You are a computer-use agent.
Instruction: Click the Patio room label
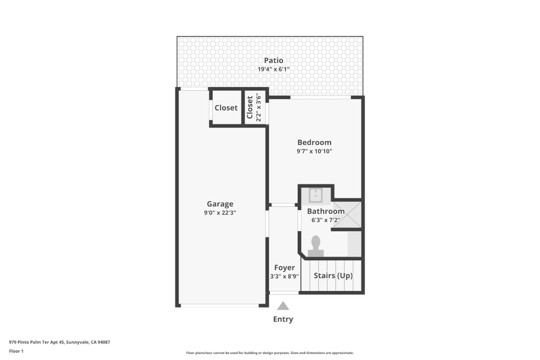(273, 60)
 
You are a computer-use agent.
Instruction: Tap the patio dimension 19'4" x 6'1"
(273, 69)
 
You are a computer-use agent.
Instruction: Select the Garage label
(220, 204)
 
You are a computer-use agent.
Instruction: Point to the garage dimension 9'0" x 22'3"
(220, 213)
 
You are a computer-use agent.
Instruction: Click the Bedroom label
(314, 142)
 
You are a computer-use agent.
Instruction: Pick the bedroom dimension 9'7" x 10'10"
(314, 151)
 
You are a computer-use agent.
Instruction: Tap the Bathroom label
(325, 211)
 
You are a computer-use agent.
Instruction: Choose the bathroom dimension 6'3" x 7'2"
(325, 220)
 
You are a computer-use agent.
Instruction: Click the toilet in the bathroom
(316, 246)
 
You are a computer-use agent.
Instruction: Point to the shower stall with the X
(347, 214)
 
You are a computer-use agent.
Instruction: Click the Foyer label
(284, 268)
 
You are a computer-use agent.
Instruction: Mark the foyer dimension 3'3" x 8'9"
(284, 277)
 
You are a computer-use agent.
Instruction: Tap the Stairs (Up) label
(333, 276)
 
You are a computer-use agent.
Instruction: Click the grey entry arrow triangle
(283, 306)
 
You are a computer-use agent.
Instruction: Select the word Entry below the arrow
(283, 319)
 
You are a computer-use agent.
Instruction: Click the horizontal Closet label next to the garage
(226, 108)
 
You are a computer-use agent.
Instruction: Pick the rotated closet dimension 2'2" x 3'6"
(258, 108)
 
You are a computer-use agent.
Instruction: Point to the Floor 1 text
(16, 351)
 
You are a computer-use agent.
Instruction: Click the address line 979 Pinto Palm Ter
(60, 342)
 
